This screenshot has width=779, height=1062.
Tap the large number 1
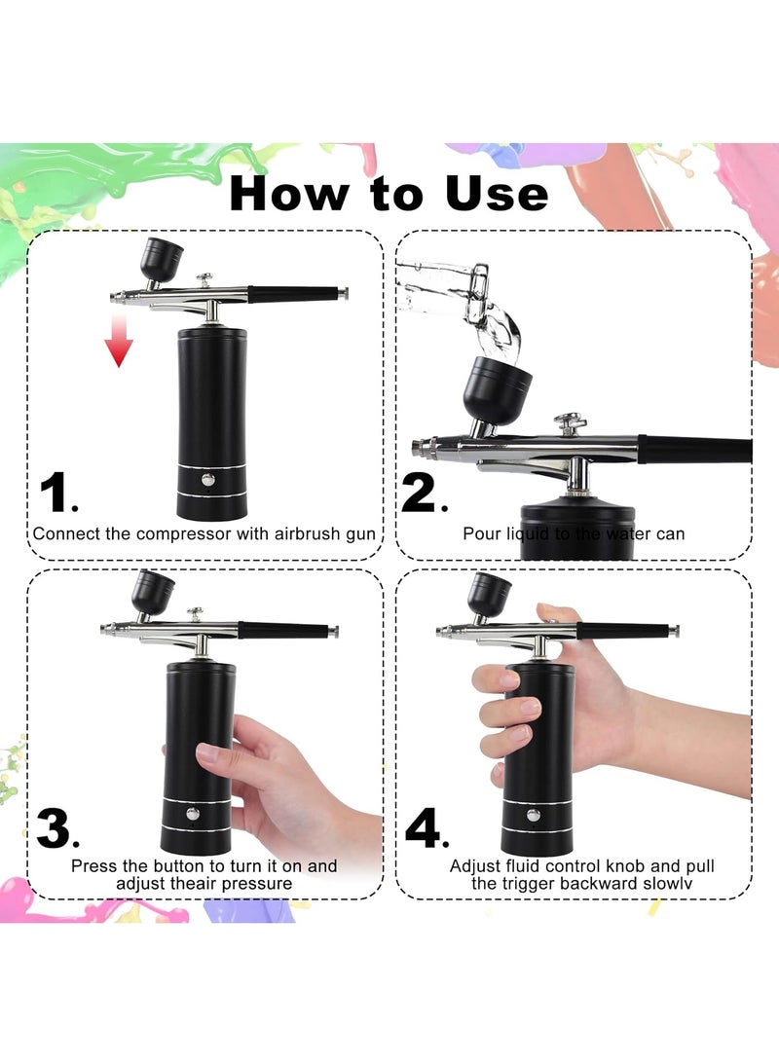click(56, 494)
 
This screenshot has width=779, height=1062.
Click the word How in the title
click(289, 193)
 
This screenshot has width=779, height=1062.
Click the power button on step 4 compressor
click(533, 815)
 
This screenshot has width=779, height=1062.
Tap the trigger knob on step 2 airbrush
click(570, 422)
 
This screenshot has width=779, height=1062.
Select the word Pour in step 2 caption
click(480, 533)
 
